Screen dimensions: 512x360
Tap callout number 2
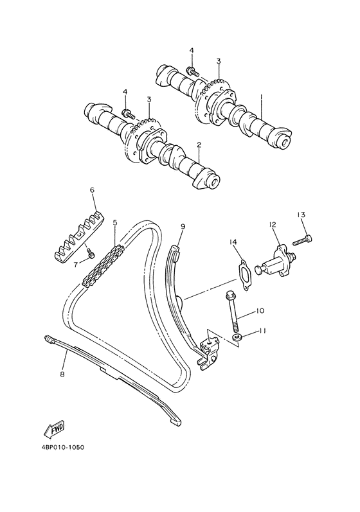[199, 145]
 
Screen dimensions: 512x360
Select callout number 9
[183, 226]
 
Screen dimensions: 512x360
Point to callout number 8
[62, 374]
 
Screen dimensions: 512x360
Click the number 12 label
[273, 224]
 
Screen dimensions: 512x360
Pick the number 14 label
[234, 242]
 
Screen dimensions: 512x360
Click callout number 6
[92, 190]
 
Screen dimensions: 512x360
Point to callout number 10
[260, 311]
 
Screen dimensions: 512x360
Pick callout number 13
[300, 214]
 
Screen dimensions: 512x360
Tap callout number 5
[115, 223]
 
